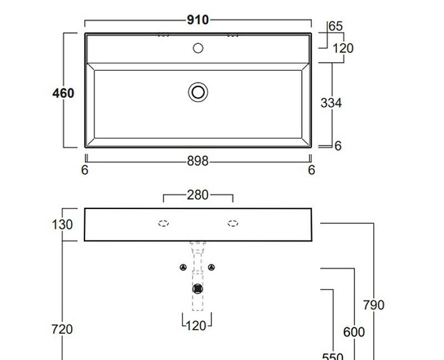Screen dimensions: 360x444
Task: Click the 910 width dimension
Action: [198, 20]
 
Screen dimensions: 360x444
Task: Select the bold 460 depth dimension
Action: [63, 93]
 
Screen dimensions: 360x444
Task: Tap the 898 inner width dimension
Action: [198, 161]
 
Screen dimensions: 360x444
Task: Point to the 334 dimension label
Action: [331, 103]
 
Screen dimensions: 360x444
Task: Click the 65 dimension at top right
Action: [336, 26]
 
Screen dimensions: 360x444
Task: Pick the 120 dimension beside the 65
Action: [343, 48]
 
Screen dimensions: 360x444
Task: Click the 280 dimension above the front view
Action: [198, 195]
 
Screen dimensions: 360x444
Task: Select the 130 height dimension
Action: [62, 225]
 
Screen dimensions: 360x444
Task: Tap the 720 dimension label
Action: [62, 329]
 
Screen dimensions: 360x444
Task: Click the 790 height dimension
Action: [374, 305]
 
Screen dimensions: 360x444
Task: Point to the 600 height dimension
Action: [354, 332]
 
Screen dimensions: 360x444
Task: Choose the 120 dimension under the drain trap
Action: [196, 326]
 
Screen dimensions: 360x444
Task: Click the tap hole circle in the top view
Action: [198, 48]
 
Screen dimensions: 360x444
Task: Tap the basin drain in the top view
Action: [198, 92]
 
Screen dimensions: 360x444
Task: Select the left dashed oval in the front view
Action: [163, 223]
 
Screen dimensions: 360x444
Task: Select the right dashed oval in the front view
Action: [233, 223]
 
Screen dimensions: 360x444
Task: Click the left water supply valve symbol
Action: [183, 268]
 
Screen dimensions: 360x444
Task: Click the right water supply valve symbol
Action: [211, 268]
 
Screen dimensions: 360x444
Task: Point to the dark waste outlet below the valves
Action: [198, 289]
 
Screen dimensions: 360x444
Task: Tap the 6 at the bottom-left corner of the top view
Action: [85, 170]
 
